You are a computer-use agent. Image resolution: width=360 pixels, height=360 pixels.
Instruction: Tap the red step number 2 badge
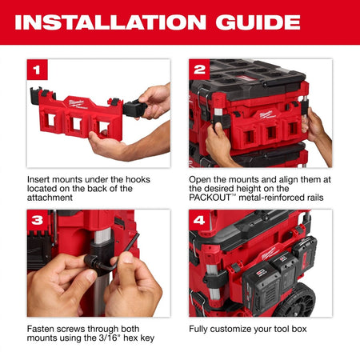tap(200, 70)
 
